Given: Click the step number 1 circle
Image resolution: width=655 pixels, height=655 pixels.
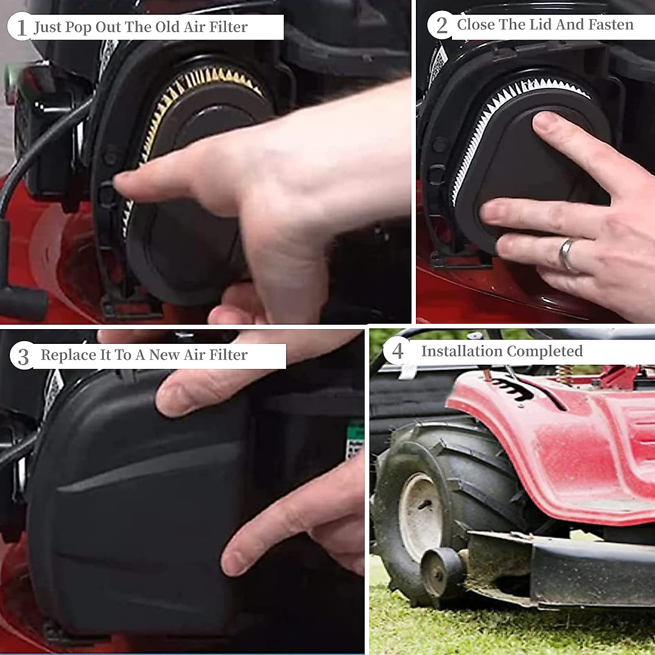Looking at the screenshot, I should tap(22, 27).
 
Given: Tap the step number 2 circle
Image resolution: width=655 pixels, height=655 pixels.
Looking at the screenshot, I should tap(441, 25).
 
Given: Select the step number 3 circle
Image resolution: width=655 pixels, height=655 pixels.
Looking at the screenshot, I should tap(23, 356).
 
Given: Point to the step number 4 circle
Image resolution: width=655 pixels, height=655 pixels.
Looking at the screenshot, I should tap(398, 352).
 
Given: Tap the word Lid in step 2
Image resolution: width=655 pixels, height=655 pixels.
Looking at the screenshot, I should tap(543, 25).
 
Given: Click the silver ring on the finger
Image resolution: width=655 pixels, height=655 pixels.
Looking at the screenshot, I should tap(569, 254).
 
